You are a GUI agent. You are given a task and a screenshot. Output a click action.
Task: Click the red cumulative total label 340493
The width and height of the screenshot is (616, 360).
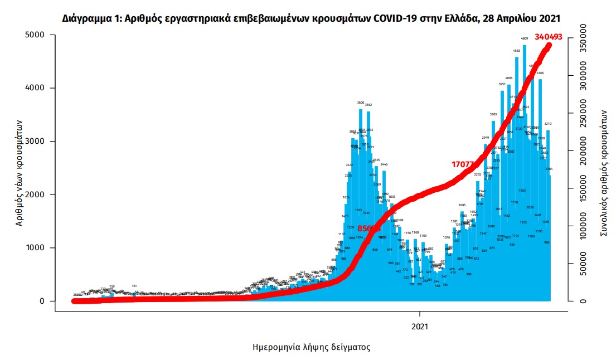click(x=547, y=37)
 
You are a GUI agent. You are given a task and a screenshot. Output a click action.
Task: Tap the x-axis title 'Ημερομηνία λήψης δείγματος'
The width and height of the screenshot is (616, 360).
click(x=311, y=347)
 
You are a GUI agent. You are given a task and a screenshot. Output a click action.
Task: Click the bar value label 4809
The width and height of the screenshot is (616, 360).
click(x=525, y=39)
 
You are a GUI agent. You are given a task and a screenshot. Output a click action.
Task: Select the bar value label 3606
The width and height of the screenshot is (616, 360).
click(x=361, y=103)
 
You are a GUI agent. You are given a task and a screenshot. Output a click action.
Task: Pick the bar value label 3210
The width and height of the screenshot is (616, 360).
click(x=548, y=124)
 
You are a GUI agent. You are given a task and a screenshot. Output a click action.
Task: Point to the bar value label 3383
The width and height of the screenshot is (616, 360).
click(x=493, y=114)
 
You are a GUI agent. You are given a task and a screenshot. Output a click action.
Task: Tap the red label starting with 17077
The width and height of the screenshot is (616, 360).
click(x=463, y=164)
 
